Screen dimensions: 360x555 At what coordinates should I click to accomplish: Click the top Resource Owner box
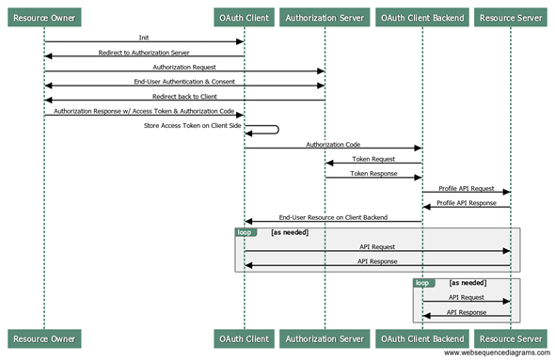coord(44,17)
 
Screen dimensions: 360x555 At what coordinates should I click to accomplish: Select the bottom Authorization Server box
coord(325,337)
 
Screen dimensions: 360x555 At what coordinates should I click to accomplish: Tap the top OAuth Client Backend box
coord(422,17)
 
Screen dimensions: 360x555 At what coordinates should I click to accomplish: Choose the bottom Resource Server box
coord(510,337)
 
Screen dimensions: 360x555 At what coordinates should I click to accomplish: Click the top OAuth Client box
coord(245,17)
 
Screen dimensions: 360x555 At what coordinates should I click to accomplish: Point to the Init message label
coord(144,38)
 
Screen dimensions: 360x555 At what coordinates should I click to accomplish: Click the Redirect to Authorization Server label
coord(144,53)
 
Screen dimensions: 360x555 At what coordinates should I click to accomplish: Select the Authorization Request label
coord(184,67)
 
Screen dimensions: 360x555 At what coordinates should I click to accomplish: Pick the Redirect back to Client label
coord(184,96)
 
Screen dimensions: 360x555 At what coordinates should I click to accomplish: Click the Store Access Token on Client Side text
coord(188,125)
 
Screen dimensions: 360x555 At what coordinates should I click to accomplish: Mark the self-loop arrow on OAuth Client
coord(274,131)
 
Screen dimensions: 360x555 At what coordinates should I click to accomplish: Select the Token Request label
coord(373,159)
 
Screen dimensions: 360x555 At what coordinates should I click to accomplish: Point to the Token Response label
coord(373,174)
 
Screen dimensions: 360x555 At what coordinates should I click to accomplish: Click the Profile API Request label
coord(466,188)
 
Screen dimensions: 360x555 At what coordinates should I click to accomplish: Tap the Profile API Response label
coord(466,202)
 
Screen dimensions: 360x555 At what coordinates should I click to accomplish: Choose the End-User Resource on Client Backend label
coord(333,217)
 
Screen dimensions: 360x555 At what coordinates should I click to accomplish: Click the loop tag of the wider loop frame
coord(245,231)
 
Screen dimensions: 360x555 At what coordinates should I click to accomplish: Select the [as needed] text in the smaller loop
coord(468,282)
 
